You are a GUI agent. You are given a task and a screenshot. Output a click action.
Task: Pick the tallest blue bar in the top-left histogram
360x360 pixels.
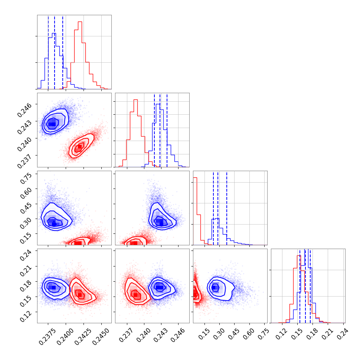click(54, 61)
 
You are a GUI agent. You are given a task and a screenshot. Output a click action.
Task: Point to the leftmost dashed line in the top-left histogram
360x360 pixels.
click(48, 52)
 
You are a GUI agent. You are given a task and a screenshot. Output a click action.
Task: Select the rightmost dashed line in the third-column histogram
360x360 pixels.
click(227, 208)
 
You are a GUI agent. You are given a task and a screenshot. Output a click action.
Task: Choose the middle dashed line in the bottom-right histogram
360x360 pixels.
click(305, 286)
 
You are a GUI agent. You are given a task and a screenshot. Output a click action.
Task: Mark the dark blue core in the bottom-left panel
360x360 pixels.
click(52, 287)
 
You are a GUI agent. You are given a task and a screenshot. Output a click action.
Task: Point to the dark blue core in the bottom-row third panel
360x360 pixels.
click(214, 287)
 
